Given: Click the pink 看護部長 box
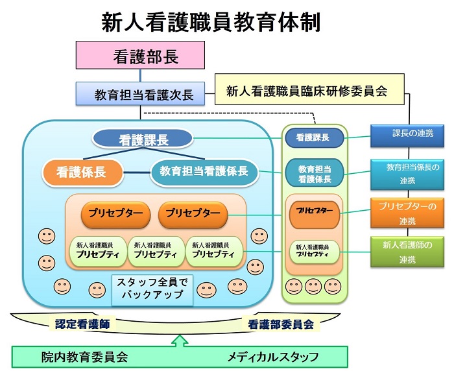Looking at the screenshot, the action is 140,55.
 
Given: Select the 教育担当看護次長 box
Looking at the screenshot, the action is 140,93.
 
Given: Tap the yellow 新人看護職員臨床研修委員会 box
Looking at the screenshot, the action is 309,90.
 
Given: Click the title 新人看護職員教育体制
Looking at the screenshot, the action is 211,22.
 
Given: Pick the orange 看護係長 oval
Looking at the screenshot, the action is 82,173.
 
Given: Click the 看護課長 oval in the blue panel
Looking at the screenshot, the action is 143,139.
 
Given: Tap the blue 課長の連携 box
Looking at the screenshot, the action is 407,136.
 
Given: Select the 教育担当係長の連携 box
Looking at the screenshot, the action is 407,174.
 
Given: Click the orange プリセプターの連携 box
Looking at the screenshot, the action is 407,213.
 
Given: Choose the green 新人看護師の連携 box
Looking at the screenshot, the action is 407,252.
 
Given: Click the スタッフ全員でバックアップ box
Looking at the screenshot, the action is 152,290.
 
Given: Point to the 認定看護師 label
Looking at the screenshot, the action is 82,324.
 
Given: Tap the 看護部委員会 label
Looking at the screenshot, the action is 281,324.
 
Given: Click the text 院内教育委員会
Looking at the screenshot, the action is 84,357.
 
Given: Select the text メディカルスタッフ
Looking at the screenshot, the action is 273,357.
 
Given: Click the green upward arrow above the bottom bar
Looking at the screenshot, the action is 180,341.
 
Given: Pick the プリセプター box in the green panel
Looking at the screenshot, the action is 315,215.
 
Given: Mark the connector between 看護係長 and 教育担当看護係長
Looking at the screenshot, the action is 137,173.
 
